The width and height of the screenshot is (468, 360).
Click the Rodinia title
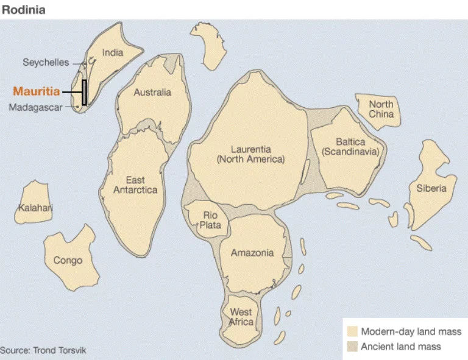pyautogui.click(x=23, y=10)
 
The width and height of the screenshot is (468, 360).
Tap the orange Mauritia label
pyautogui.click(x=37, y=92)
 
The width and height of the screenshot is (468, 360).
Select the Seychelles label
pyautogui.click(x=46, y=62)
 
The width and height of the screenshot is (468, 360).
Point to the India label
pyautogui.click(x=113, y=53)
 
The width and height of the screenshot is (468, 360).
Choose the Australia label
pyautogui.click(x=152, y=93)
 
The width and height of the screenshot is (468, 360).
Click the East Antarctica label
pyautogui.click(x=135, y=185)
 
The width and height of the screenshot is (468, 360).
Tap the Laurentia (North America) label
pyautogui.click(x=250, y=154)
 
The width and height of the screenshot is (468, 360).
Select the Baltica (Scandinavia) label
pyautogui.click(x=350, y=147)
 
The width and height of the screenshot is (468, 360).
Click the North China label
pyautogui.click(x=381, y=109)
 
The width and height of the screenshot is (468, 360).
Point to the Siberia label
pyautogui.click(x=431, y=188)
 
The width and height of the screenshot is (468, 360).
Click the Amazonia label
pyautogui.click(x=252, y=253)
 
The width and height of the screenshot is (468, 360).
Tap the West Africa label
pyautogui.click(x=241, y=317)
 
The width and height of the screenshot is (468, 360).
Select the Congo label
pyautogui.click(x=68, y=261)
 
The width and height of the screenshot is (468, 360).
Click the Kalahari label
pyautogui.click(x=35, y=208)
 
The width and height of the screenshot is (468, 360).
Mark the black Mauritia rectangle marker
pyautogui.click(x=85, y=93)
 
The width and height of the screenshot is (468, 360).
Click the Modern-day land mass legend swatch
pyautogui.click(x=352, y=332)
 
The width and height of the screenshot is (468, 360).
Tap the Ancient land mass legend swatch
pyautogui.click(x=352, y=347)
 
